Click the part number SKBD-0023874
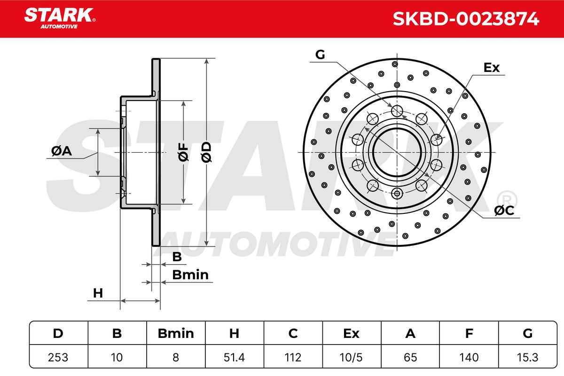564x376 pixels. pos(466,19)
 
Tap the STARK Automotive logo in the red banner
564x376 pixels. pos(60,18)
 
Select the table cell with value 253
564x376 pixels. pos(58,357)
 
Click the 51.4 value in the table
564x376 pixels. pos(234,357)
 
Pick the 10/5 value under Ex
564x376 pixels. pos(351,357)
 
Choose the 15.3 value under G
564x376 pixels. pos(527,357)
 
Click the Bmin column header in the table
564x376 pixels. pos(176,333)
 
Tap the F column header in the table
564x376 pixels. pos(469,333)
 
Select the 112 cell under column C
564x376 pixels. pos(293,357)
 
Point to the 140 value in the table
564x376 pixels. pos(469,357)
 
